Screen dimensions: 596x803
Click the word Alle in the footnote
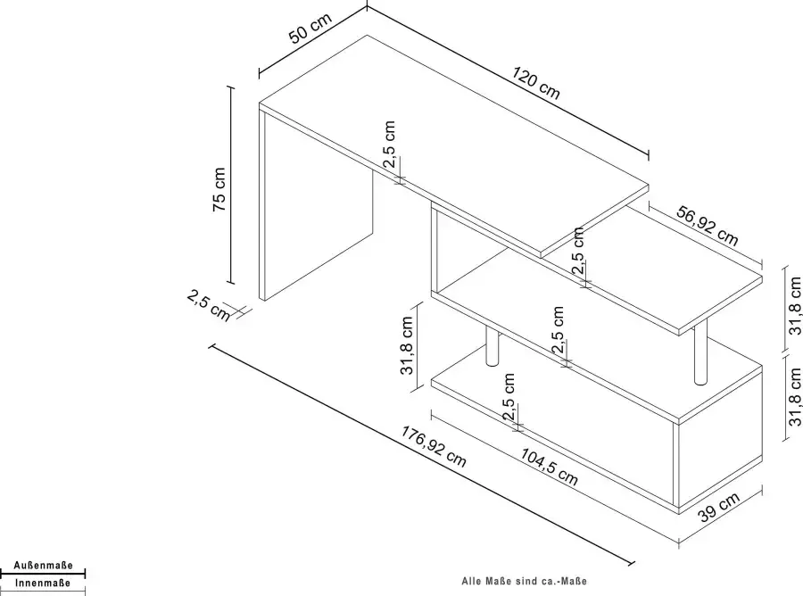click(x=471, y=578)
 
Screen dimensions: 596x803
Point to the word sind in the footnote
click(x=524, y=578)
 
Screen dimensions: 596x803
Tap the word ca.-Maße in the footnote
click(x=562, y=578)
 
